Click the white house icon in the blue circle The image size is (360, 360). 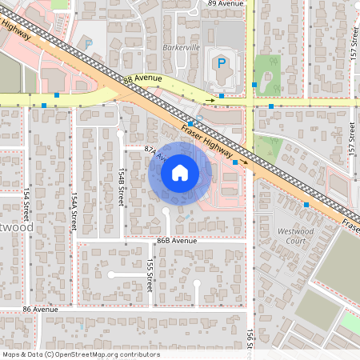point(180,172)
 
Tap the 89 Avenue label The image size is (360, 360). point(225,4)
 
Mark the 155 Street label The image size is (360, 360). point(150,274)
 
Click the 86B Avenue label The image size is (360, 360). point(177,240)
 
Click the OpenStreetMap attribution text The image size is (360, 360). point(81,354)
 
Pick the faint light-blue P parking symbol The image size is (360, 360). point(89,45)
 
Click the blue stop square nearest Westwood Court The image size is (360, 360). point(306,205)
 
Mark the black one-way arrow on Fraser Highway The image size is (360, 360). point(245,162)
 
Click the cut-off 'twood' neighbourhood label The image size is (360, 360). point(16,228)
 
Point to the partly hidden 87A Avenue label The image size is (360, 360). point(153,152)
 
